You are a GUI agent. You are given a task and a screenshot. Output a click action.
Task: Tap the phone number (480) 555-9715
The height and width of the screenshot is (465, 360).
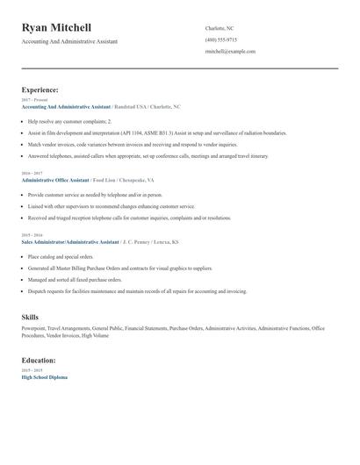coord(220,39)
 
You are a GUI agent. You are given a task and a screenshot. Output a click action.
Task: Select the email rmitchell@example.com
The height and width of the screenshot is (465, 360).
coord(230,52)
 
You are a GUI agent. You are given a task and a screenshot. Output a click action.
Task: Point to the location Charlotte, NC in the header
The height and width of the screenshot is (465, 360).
coord(219,28)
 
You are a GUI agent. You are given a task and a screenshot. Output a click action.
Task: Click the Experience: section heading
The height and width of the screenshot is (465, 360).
coord(40,89)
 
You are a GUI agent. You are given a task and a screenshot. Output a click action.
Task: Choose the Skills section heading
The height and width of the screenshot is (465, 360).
coord(31,316)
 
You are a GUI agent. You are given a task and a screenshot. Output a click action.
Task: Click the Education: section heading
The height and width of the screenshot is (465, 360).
coord(39,360)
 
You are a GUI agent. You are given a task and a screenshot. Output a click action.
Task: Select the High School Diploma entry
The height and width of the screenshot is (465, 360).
coord(44,376)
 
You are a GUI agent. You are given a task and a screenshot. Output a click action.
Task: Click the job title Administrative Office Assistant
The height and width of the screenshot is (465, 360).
coord(55,178)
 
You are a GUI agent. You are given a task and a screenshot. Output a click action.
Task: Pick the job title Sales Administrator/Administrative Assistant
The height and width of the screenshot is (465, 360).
coord(70,241)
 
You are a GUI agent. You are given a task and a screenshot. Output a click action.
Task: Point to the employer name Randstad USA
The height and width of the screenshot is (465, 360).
coord(133,106)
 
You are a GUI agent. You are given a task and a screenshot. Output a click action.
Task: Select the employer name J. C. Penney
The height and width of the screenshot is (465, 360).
coord(140,241)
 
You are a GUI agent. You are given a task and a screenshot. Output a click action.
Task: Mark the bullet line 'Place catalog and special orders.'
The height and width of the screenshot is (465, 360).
coord(59,257)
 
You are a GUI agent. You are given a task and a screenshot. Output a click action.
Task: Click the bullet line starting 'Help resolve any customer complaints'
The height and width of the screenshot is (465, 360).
coord(70,121)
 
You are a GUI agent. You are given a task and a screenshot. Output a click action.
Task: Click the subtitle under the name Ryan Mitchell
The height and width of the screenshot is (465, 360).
coord(69,41)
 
